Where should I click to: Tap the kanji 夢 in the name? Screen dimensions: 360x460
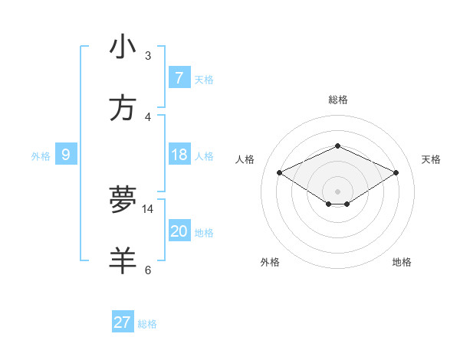123,200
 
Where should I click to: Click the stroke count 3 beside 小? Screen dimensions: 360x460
148,56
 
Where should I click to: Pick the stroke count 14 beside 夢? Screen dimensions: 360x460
148,208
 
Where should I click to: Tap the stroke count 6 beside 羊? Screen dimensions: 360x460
148,270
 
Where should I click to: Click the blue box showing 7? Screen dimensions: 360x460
179,77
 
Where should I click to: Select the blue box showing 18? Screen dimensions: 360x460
179,155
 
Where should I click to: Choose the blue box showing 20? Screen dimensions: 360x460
179,231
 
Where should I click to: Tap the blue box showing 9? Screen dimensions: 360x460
66,155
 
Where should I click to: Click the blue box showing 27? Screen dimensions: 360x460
123,322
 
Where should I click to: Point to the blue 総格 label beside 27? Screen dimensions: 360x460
147,324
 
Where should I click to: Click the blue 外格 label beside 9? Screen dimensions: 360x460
41,156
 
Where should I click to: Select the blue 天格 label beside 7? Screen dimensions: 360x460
204,80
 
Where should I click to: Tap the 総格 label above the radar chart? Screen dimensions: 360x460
337,100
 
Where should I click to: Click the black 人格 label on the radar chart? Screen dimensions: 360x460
245,159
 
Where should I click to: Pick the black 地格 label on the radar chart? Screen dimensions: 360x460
402,262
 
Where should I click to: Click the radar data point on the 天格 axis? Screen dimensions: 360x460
396,173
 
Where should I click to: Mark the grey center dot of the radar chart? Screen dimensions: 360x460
337,191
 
